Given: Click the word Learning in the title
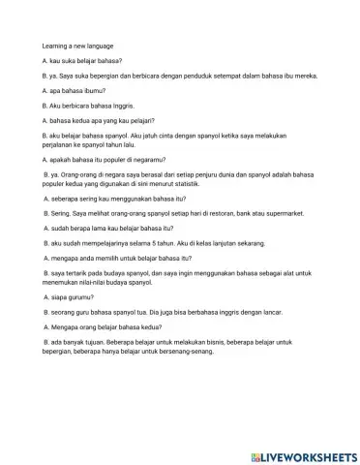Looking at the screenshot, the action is tap(57, 46).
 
